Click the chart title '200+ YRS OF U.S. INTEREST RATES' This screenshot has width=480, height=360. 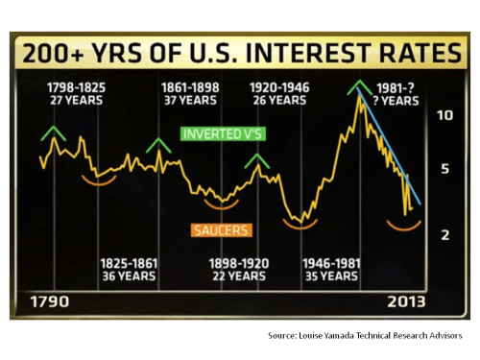pyautogui.click(x=239, y=51)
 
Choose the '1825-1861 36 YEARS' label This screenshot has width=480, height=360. pyautogui.click(x=130, y=269)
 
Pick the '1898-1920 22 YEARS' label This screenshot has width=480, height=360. pyautogui.click(x=235, y=269)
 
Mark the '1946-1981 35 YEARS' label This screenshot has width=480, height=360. pyautogui.click(x=331, y=269)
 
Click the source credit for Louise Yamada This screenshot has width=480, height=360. pyautogui.click(x=364, y=335)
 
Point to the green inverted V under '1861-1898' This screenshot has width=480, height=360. pyautogui.click(x=159, y=145)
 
